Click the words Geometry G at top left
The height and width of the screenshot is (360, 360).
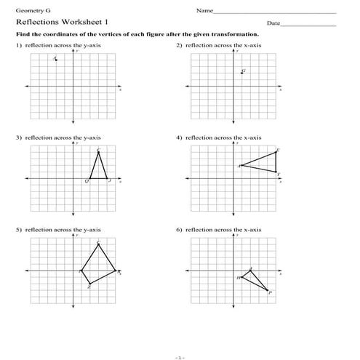pyautogui.click(x=28, y=11)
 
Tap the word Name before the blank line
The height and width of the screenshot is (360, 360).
pyautogui.click(x=204, y=11)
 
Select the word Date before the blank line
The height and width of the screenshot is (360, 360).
pyautogui.click(x=273, y=23)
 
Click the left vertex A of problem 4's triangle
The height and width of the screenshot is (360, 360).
pyautogui.click(x=241, y=165)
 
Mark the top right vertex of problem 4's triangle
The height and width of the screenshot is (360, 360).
pyautogui.click(x=276, y=152)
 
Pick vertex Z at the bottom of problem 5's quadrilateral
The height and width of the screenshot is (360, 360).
pyautogui.click(x=89, y=284)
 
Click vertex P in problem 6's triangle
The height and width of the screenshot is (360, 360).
pyautogui.click(x=267, y=290)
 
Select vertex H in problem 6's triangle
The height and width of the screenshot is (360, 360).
pyautogui.click(x=242, y=277)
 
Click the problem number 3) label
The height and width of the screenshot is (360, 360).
pyautogui.click(x=19, y=137)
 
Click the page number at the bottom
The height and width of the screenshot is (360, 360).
pyautogui.click(x=180, y=356)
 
